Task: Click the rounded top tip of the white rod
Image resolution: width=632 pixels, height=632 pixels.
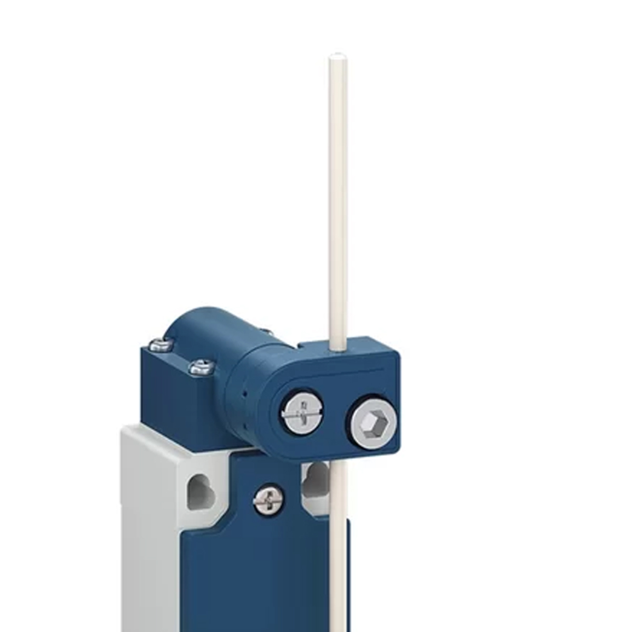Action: click(337, 56)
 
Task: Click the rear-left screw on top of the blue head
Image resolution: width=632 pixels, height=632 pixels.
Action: click(161, 345)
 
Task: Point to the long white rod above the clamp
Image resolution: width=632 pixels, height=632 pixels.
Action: click(337, 200)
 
